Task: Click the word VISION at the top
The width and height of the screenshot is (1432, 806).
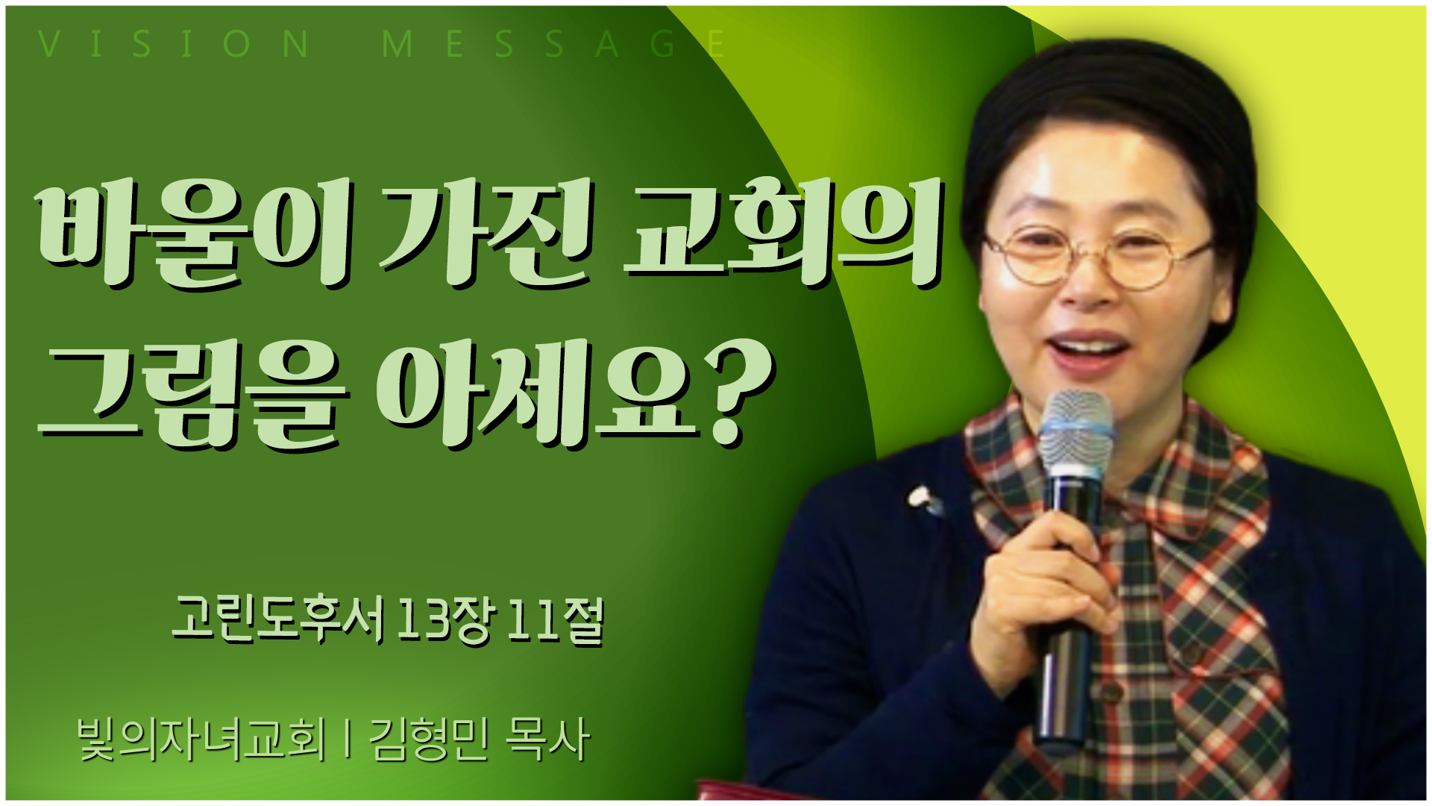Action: point(174,44)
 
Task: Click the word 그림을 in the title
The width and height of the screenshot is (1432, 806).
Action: point(194,395)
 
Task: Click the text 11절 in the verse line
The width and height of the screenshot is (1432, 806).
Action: point(555,619)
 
